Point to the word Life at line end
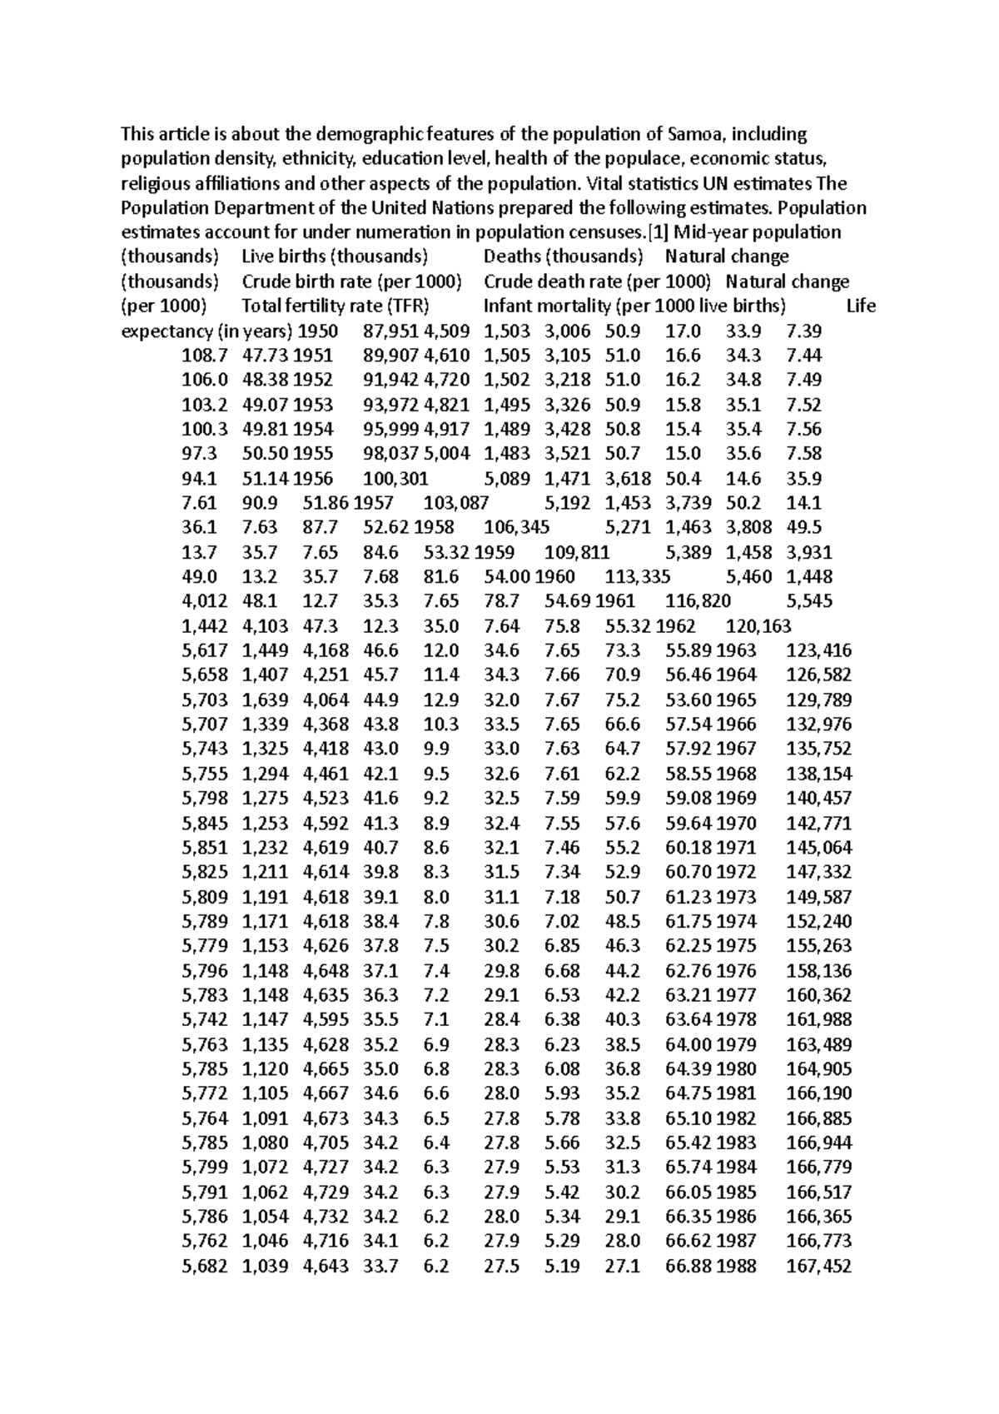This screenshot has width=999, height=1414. pyautogui.click(x=860, y=306)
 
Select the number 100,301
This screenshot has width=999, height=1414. pyautogui.click(x=395, y=478)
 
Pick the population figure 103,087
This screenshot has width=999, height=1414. pyautogui.click(x=455, y=503)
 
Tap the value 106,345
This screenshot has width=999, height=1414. pyautogui.click(x=516, y=527)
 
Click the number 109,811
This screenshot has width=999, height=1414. pyautogui.click(x=577, y=552)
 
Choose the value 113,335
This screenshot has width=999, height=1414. pyautogui.click(x=638, y=576)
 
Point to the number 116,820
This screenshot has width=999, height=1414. pyautogui.click(x=698, y=601)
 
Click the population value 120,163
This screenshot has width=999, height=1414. pyautogui.click(x=758, y=625)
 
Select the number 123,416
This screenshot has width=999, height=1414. pyautogui.click(x=819, y=650)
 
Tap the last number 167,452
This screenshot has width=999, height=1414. pyautogui.click(x=819, y=1267)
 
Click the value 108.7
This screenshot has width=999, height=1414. pyautogui.click(x=204, y=356)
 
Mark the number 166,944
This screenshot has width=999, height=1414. pyautogui.click(x=819, y=1143)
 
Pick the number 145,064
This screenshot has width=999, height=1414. pyautogui.click(x=819, y=848)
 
